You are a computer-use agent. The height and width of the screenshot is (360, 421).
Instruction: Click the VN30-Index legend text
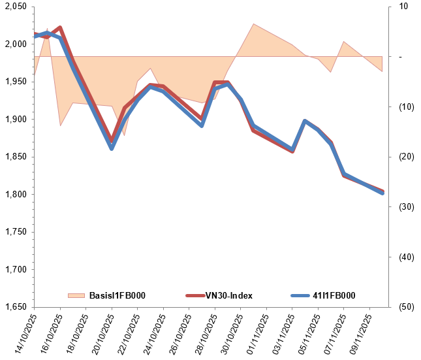click(x=228, y=296)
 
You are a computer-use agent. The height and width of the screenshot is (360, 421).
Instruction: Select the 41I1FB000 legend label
click(x=334, y=296)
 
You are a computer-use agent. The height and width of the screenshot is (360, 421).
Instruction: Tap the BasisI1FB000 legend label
click(x=117, y=296)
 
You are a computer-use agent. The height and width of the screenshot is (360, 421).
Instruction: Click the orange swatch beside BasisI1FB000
click(x=76, y=296)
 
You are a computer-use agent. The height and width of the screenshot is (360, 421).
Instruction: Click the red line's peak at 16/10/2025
click(x=60, y=27)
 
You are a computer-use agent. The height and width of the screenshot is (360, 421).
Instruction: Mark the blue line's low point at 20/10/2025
click(x=112, y=149)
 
